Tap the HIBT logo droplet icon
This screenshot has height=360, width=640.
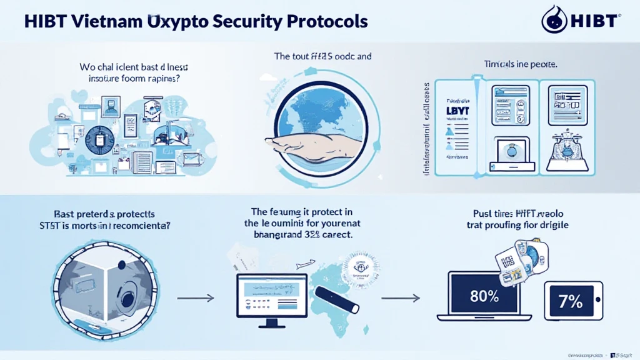pos(552,19)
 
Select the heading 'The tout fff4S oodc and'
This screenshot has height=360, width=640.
pos(322,56)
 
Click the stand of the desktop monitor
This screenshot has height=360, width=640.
pos(269,322)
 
